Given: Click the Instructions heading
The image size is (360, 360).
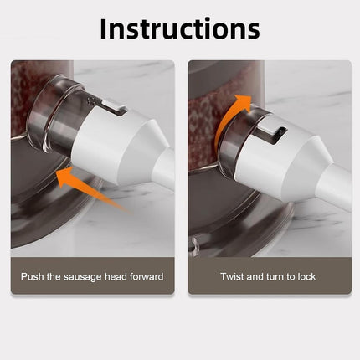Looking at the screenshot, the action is pos(180,28).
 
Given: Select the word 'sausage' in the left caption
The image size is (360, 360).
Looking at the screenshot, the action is pos(82,277).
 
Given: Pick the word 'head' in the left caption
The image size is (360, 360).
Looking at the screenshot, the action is pos(116,276).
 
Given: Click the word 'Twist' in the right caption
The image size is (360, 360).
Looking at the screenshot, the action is pos(232,276).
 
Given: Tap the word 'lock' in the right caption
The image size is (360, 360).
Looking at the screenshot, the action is pos(306,276).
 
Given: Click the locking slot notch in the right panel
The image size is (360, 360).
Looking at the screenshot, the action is pos(271,132).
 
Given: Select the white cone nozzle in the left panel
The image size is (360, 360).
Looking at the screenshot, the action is pos(117,145).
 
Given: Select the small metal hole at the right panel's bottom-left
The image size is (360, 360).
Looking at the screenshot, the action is pos(192,244).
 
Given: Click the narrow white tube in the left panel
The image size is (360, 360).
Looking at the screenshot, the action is pos(164,167).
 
